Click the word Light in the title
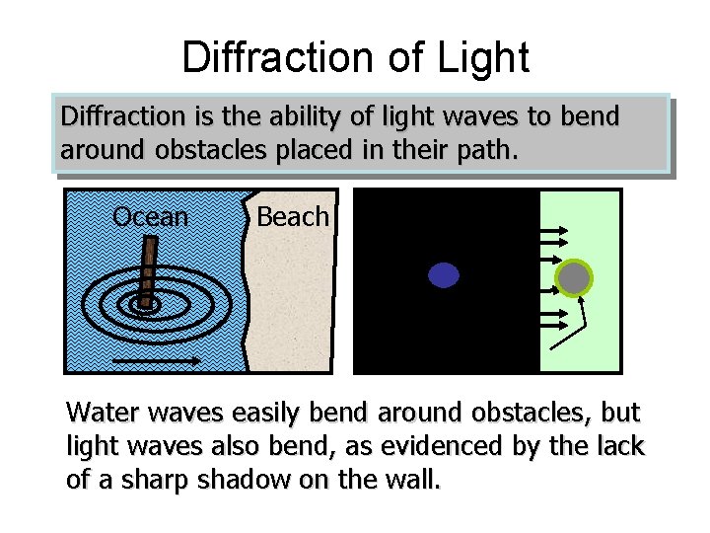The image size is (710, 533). coord(480,57)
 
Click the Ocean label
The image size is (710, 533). coord(150,217)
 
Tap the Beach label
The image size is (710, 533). coord(292,217)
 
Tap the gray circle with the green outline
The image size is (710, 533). coord(573,278)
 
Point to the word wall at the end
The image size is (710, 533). coord(414,481)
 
